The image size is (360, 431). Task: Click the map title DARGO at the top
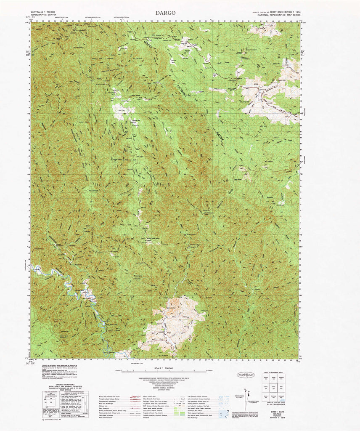[x=165, y=13]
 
